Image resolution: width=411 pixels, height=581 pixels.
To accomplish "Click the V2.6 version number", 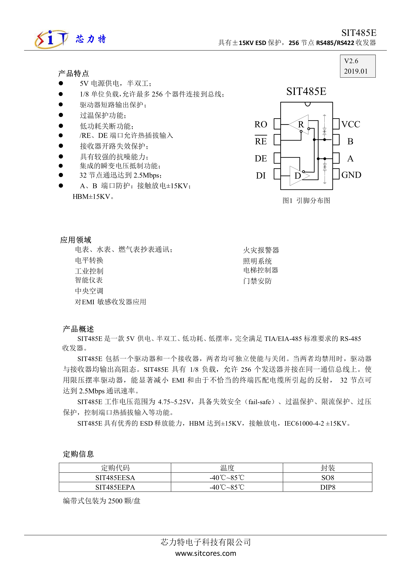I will tap(351, 61).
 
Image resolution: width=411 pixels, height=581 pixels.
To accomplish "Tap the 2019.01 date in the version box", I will tap(356, 71).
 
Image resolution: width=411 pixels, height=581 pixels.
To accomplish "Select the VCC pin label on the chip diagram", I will tap(351, 124).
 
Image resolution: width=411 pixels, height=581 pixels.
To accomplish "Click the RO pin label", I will tap(261, 124).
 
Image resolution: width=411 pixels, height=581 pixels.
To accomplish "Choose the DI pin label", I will tap(261, 175).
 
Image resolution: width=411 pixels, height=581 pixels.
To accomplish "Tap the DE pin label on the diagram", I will tap(261, 158).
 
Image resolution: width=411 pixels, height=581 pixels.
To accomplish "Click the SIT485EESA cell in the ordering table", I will tap(115, 478).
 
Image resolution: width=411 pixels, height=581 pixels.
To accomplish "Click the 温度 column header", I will tap(227, 468).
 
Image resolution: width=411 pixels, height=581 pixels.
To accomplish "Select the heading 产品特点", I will tap(73, 73).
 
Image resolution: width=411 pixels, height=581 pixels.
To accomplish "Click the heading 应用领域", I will tap(75, 240).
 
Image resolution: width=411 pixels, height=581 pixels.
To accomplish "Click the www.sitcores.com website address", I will tap(206, 553).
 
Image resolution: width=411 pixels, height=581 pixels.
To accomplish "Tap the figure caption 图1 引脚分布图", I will tap(306, 201).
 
